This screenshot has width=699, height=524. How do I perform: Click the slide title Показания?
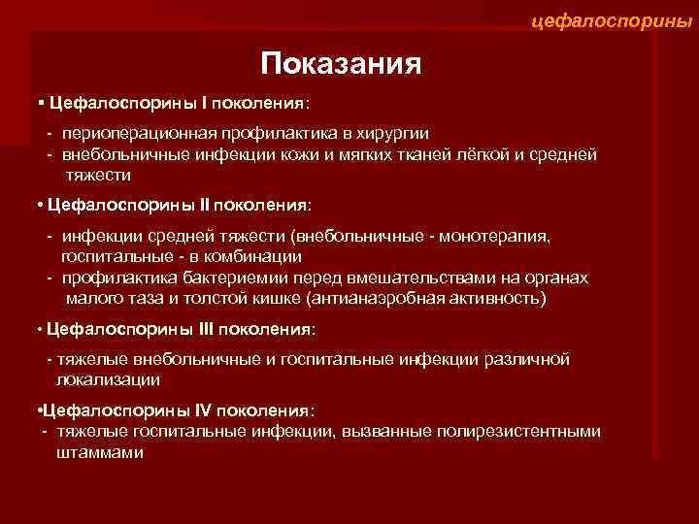click(340, 64)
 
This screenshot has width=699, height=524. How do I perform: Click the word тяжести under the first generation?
click(97, 175)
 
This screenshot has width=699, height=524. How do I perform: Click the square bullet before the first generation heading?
click(40, 101)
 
